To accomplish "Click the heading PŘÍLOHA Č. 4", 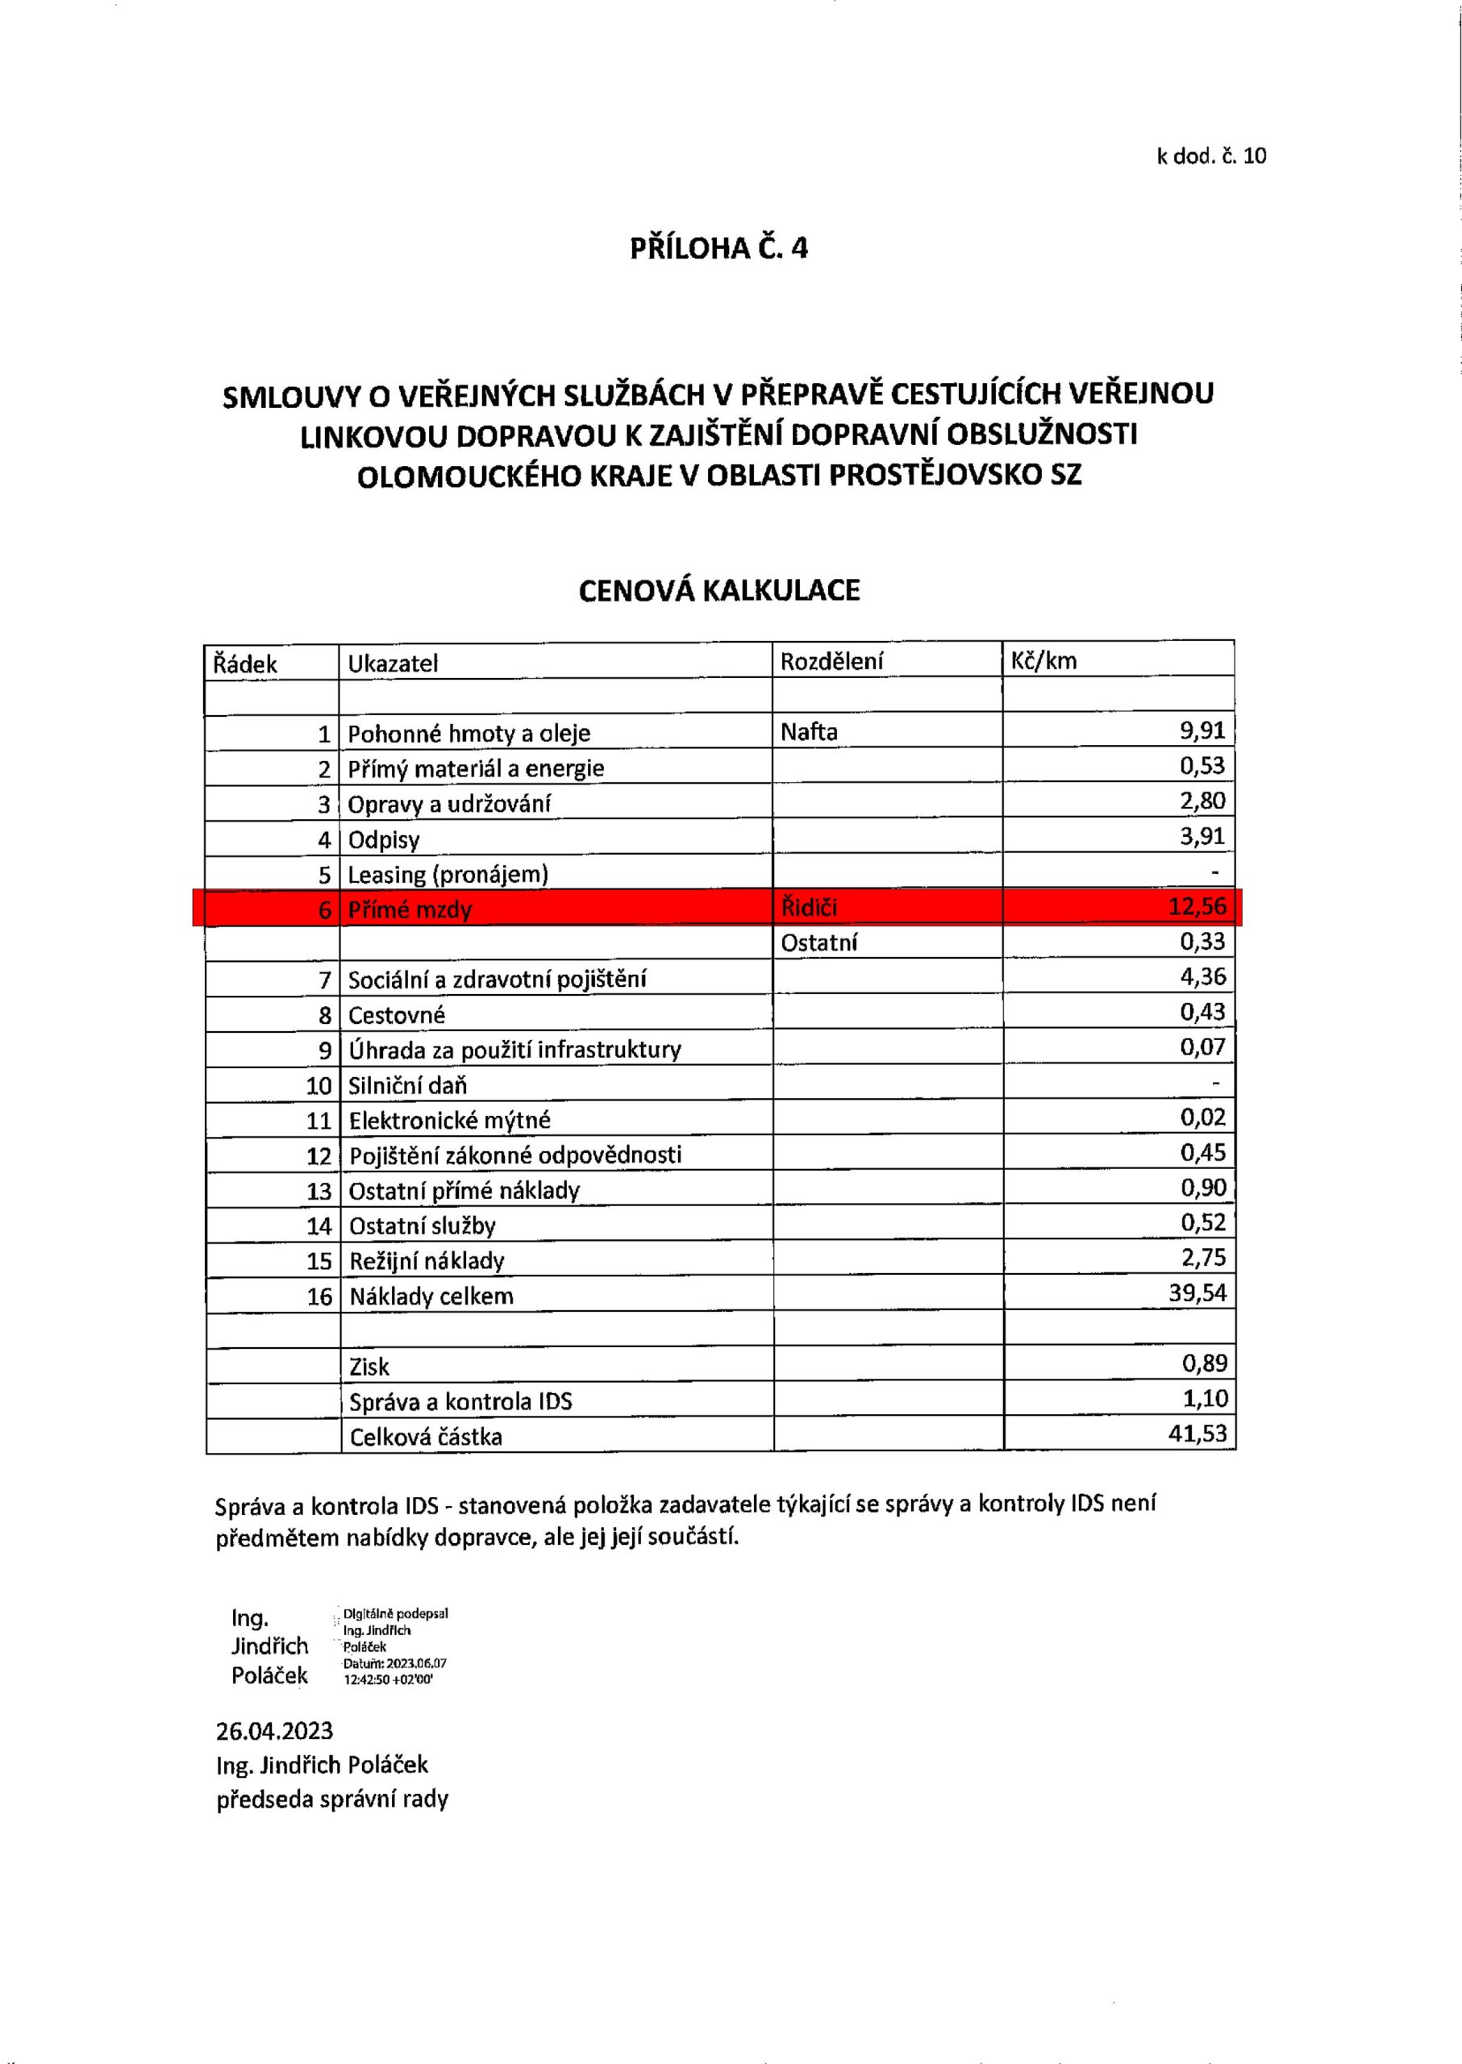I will click(x=719, y=248).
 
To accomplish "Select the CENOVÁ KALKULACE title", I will click(x=719, y=590).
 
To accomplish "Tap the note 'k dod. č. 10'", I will click(x=1211, y=156).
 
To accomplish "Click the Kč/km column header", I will click(x=1043, y=662).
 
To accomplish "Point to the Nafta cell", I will click(x=809, y=732).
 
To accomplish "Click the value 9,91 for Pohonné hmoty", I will click(x=1202, y=730).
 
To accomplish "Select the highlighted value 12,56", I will click(x=1198, y=906).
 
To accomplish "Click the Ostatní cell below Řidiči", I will click(x=818, y=943).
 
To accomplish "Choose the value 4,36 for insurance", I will click(x=1202, y=976).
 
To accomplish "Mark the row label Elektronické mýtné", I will click(x=449, y=1120).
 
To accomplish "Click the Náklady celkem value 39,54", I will click(x=1198, y=1293).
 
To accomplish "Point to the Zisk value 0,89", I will click(x=1205, y=1363).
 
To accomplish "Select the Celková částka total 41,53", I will click(x=1198, y=1433).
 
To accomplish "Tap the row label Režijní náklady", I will click(x=426, y=1260).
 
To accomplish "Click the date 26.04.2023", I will click(x=273, y=1731).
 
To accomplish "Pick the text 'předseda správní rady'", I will click(x=332, y=1800).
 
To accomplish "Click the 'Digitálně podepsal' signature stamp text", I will click(x=395, y=1614).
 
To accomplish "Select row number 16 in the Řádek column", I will click(x=319, y=1296).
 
